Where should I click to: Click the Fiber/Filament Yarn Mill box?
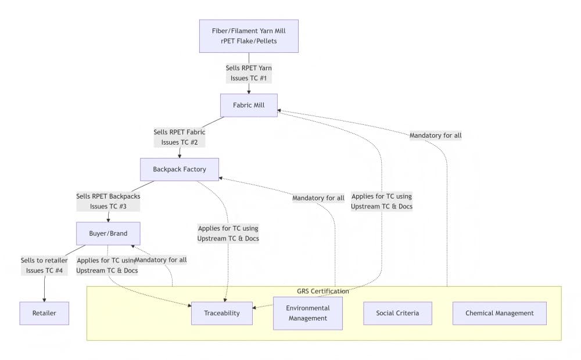click(x=249, y=36)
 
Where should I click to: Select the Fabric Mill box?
click(x=249, y=105)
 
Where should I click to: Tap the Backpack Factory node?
click(x=180, y=170)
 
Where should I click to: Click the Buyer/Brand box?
click(x=108, y=233)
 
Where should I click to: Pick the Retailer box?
click(x=44, y=313)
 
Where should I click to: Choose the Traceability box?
click(x=221, y=313)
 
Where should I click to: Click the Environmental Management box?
click(x=308, y=313)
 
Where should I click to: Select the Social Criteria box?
click(x=397, y=313)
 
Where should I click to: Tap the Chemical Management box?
click(x=499, y=313)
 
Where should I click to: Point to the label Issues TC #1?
click(x=249, y=78)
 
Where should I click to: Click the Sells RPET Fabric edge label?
click(x=179, y=132)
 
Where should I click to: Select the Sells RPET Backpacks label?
click(x=108, y=196)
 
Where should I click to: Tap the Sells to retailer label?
click(x=44, y=260)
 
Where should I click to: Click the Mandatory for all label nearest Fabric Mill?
click(x=435, y=135)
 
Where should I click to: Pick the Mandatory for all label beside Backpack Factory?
click(x=318, y=198)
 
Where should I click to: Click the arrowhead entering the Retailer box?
click(x=44, y=299)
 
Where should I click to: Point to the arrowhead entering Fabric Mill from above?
click(x=249, y=91)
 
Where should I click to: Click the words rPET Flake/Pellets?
click(x=249, y=41)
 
